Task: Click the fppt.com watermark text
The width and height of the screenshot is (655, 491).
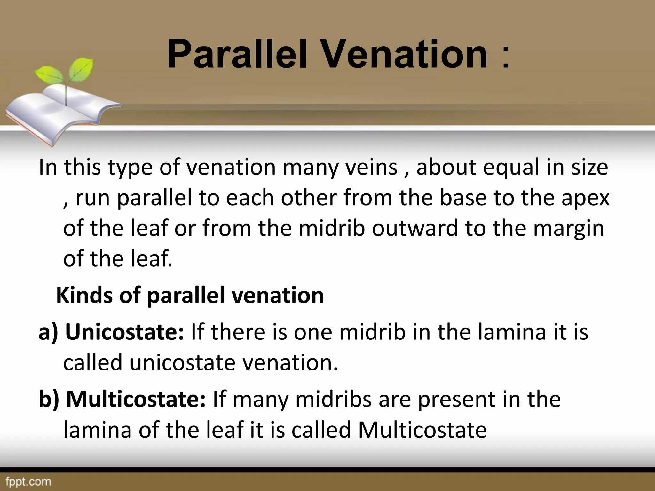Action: click(28, 481)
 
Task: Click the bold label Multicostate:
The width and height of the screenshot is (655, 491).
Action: click(136, 400)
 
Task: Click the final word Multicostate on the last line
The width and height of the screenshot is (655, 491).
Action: click(422, 430)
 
